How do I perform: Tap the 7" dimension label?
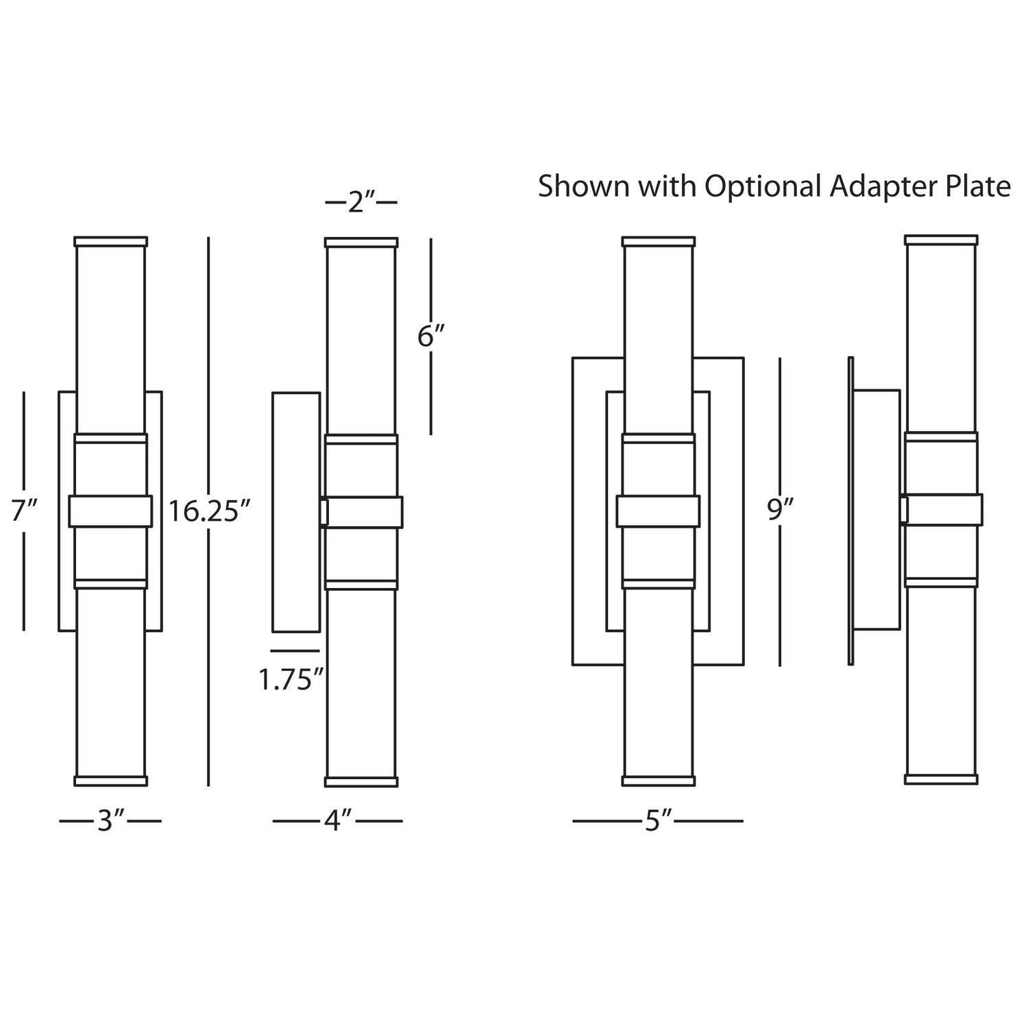[x=23, y=511]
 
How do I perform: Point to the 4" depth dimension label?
[x=338, y=820]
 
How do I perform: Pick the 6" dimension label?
[x=432, y=336]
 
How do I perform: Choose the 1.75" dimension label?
[x=291, y=680]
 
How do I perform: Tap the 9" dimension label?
[x=781, y=511]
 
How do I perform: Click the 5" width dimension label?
[x=657, y=820]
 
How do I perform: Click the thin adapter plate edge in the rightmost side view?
[x=850, y=511]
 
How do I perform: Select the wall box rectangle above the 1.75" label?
[x=296, y=512]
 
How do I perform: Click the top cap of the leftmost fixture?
[x=110, y=242]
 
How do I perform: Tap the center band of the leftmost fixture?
[x=110, y=511]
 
